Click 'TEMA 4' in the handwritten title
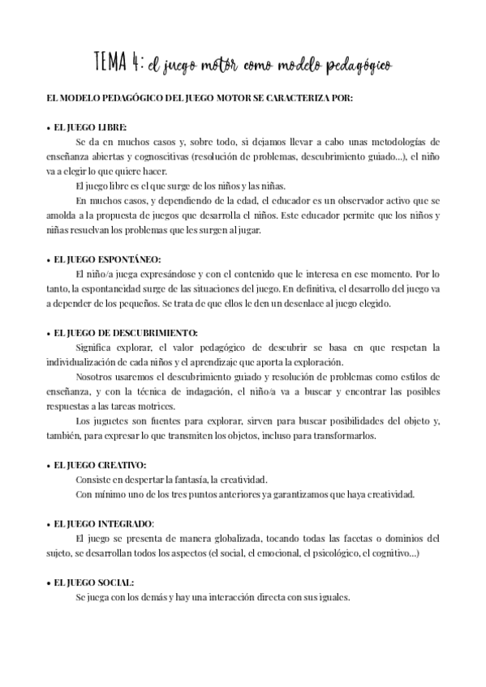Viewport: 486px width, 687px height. [x=118, y=62]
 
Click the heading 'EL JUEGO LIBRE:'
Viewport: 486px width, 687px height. [x=90, y=127]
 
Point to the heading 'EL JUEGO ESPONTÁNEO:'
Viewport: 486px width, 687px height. [x=107, y=259]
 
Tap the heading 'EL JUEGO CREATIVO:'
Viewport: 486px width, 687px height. [x=100, y=465]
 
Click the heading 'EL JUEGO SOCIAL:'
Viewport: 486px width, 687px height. [x=94, y=582]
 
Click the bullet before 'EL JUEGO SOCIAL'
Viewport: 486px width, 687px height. [x=49, y=582]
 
